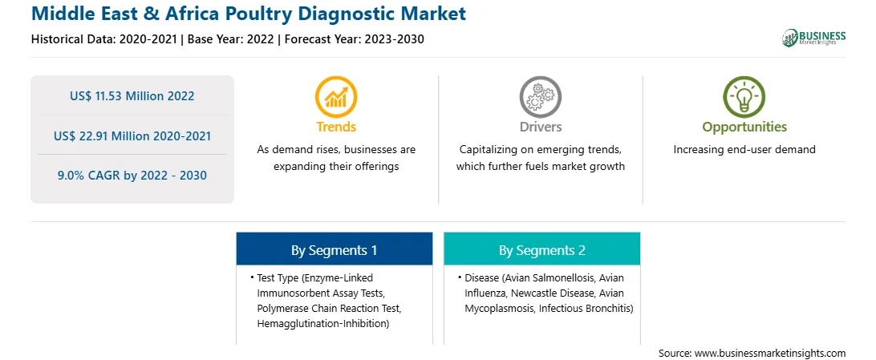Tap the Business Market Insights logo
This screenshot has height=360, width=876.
pos(813,38)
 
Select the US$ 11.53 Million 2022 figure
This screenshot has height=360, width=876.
pos(132,96)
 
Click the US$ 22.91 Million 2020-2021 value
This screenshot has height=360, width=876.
pos(132,136)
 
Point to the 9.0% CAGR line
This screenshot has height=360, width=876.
pos(132,176)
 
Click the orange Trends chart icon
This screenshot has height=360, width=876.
pos(336,96)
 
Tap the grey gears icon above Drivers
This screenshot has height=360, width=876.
pos(540,96)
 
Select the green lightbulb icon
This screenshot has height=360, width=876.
pos(744,96)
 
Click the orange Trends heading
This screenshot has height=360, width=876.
pos(336,127)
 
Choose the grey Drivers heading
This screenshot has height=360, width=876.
pos(541,127)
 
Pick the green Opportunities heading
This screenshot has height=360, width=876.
pos(744,127)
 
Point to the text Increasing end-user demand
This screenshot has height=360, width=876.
pos(744,150)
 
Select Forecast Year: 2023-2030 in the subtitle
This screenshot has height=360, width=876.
pos(352,39)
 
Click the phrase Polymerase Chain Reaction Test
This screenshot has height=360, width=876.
pos(329,309)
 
